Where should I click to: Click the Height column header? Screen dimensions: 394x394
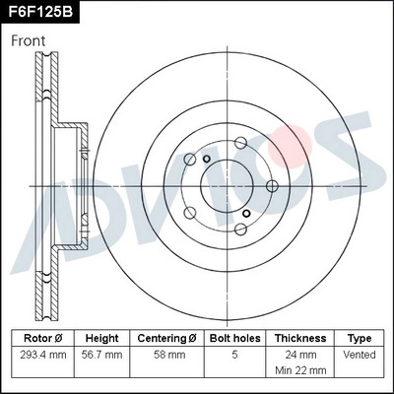(101, 338)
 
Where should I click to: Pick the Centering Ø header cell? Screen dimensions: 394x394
(166, 338)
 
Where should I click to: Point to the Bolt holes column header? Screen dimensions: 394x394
(233, 338)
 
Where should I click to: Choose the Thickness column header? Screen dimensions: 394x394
(300, 338)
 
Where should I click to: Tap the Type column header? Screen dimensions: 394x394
(360, 338)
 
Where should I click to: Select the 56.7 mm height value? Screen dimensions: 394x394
(101, 354)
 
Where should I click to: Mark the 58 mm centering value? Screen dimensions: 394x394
(166, 354)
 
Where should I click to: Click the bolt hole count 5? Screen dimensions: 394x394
(233, 354)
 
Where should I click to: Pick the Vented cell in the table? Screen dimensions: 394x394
(360, 354)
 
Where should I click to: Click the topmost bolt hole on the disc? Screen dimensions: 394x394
(240, 139)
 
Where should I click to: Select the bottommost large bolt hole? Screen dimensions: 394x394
(240, 229)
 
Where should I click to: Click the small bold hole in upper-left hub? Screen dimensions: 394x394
(207, 160)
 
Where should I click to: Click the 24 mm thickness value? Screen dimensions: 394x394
(300, 354)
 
